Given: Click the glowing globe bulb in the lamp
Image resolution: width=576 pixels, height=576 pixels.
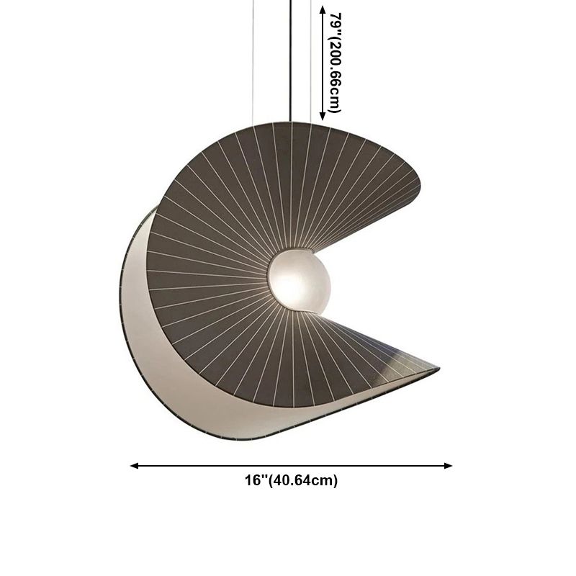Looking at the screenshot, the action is [299, 281].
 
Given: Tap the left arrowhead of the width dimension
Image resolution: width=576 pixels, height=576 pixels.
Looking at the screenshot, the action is [135, 466].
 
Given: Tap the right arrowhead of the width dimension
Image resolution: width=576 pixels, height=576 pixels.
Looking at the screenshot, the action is [448, 466].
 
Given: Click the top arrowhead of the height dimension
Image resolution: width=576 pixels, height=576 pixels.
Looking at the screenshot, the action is [323, 10].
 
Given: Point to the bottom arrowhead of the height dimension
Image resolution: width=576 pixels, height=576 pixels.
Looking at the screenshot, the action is [323, 116].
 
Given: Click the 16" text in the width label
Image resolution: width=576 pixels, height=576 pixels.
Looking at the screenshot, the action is [256, 480].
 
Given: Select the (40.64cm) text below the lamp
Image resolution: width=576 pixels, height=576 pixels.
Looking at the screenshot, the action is [302, 481].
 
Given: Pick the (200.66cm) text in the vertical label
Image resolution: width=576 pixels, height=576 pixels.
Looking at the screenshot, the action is [335, 73].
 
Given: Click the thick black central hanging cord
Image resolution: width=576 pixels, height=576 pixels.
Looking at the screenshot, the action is [291, 60].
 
